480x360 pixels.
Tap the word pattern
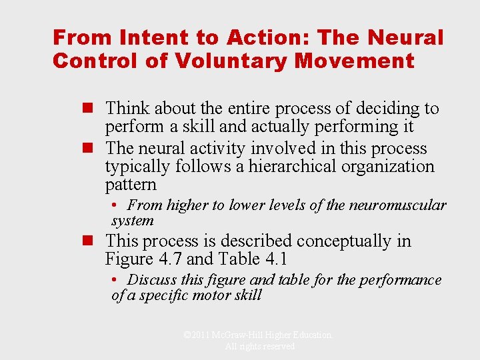point(131,185)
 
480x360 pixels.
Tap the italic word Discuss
point(151,280)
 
